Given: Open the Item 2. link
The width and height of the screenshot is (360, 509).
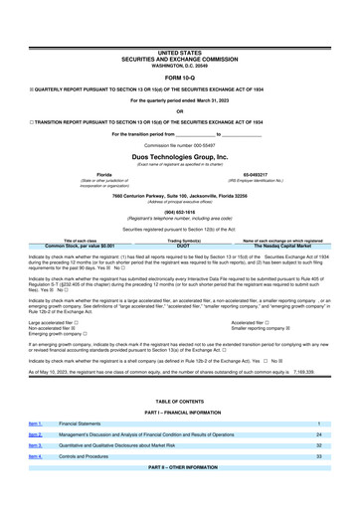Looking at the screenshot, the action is tap(36, 462).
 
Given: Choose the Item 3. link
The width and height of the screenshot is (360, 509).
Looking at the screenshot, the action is tap(36, 474).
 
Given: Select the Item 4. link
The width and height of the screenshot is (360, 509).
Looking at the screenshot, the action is tap(36, 486).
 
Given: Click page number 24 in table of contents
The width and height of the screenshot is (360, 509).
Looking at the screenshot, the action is tap(318, 462).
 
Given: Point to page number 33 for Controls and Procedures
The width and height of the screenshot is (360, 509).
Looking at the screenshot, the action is tap(318, 486).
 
